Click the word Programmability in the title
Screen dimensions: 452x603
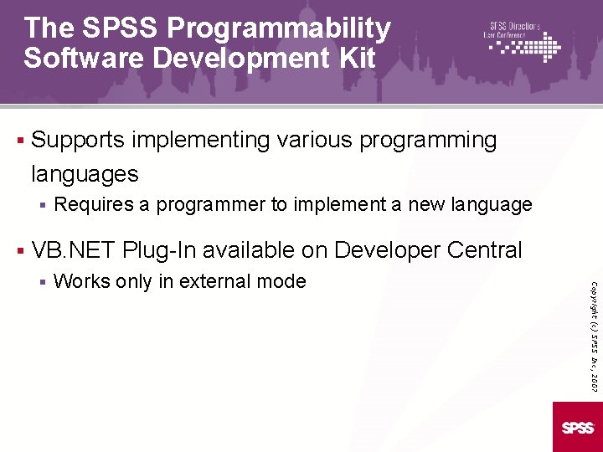pos(279,29)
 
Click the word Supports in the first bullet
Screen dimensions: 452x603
pos(77,140)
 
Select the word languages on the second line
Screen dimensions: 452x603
pos(85,174)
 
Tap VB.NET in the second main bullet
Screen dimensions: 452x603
pos(73,249)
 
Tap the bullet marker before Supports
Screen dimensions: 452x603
pos(18,140)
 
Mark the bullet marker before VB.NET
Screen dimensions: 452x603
pos(18,249)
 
